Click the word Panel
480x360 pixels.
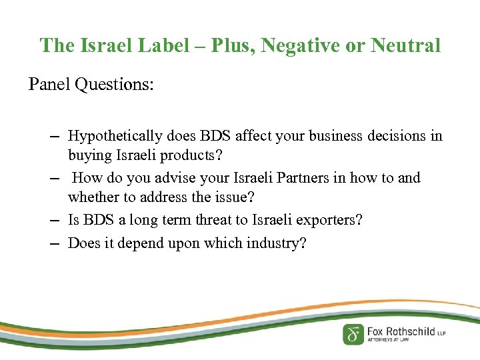click(51, 85)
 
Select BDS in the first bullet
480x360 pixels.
click(212, 137)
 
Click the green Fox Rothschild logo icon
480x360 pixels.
click(353, 334)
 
